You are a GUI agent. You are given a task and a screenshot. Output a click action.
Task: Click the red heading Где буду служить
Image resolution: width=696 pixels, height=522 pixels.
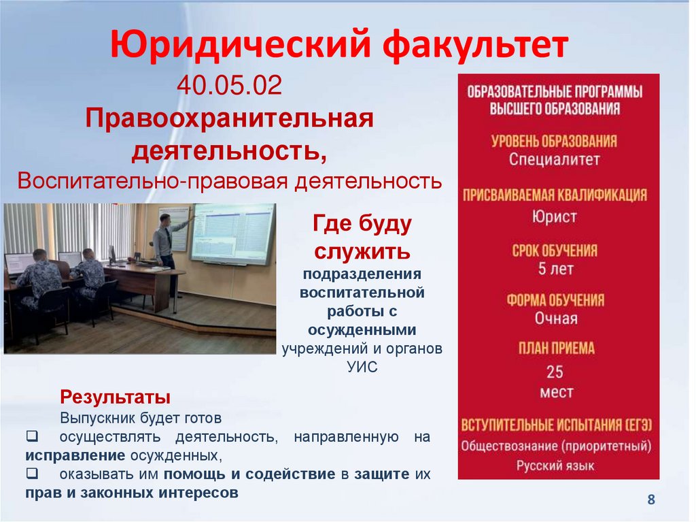pyautogui.click(x=362, y=237)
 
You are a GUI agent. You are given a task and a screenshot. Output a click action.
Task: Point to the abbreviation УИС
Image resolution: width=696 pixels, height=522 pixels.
pyautogui.click(x=362, y=366)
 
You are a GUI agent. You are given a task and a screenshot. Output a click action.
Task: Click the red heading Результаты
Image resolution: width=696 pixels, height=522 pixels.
pyautogui.click(x=115, y=396)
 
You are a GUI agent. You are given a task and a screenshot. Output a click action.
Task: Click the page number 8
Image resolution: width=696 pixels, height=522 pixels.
pyautogui.click(x=651, y=500)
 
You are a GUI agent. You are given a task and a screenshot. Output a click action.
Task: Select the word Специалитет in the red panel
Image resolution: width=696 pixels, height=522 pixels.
pyautogui.click(x=555, y=160)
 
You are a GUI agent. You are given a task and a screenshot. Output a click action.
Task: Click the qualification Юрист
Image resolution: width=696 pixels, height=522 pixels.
pyautogui.click(x=555, y=217)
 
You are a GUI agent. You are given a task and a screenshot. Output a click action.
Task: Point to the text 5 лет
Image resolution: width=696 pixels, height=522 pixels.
pyautogui.click(x=555, y=269)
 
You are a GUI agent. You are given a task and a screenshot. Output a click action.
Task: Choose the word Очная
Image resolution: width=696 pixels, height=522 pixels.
pyautogui.click(x=555, y=319)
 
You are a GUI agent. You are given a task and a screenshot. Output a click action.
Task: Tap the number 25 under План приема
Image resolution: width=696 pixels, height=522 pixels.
pyautogui.click(x=555, y=372)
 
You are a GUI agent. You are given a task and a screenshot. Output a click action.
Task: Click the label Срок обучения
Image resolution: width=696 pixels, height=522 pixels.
pyautogui.click(x=555, y=250)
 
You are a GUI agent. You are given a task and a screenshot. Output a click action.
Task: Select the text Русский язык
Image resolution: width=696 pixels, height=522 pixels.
pyautogui.click(x=555, y=466)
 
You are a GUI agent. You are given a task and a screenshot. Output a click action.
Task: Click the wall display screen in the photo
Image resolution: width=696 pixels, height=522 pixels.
pyautogui.click(x=232, y=233)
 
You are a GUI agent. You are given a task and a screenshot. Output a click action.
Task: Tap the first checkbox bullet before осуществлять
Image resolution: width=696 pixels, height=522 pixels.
pyautogui.click(x=32, y=437)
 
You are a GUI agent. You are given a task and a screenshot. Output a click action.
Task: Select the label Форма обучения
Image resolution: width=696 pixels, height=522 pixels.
pyautogui.click(x=555, y=300)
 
